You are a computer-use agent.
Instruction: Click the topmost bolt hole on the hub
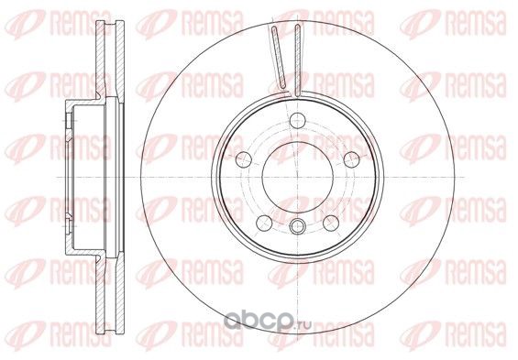298,120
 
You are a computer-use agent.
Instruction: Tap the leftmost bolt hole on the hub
244,159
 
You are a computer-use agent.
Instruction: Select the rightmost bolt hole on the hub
351,159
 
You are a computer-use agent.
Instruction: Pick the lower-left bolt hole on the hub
264,224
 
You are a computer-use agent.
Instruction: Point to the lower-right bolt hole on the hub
331,224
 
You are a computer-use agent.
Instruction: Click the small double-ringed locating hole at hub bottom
298,226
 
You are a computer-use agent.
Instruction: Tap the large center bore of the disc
298,177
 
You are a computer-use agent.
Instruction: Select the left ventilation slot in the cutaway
279,58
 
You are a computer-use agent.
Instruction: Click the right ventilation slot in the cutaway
298,60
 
